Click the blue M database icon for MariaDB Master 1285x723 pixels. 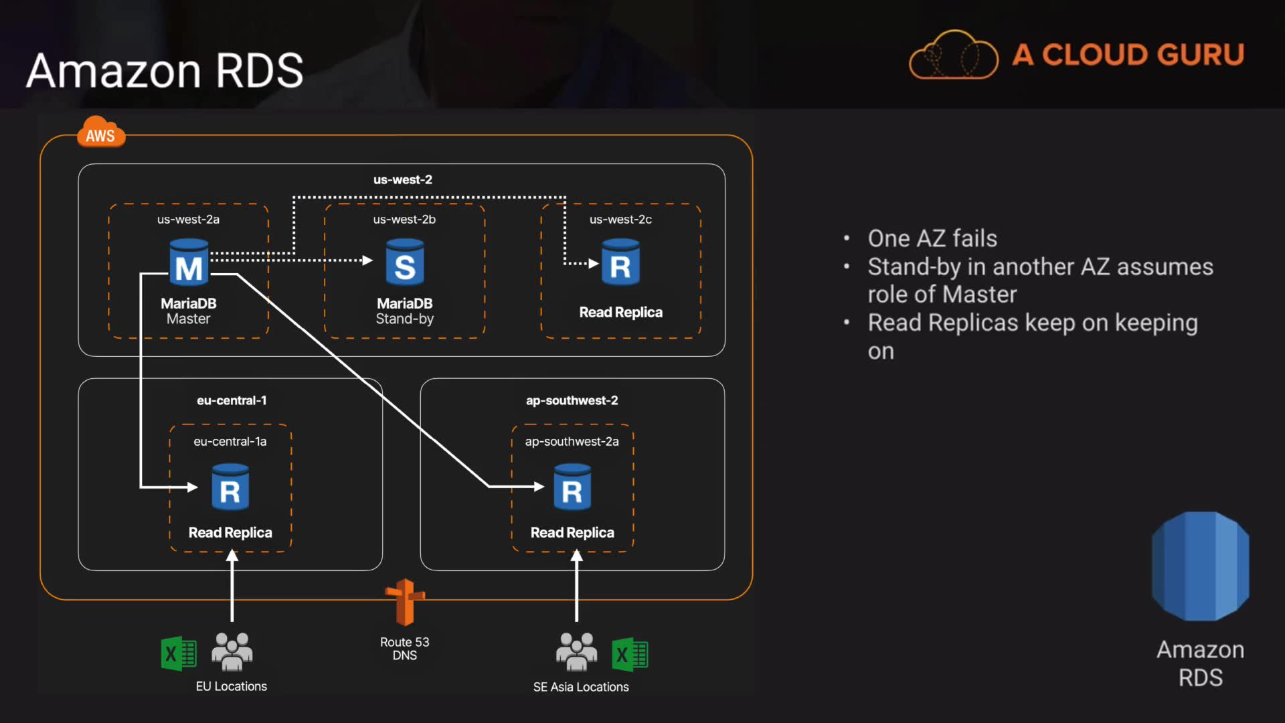click(189, 263)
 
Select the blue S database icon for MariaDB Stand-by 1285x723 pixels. click(405, 263)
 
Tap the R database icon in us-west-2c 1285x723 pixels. click(620, 263)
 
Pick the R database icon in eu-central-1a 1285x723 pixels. click(230, 488)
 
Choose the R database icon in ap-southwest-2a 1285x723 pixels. click(572, 488)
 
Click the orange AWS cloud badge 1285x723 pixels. click(100, 133)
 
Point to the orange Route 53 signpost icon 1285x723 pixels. click(405, 602)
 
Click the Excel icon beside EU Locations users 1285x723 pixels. click(179, 653)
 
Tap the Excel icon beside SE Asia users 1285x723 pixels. click(630, 654)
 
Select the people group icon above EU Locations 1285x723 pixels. click(232, 651)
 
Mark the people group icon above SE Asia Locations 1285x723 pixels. click(576, 651)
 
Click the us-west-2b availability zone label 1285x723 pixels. click(404, 220)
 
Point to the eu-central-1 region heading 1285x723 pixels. click(232, 400)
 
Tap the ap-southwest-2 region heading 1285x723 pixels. click(572, 400)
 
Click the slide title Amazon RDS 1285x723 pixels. click(165, 70)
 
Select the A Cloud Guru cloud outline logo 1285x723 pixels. click(953, 56)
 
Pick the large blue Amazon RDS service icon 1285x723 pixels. click(1200, 566)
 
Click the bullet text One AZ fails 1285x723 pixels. click(932, 238)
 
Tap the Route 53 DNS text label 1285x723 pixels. click(405, 649)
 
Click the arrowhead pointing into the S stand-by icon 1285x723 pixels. click(367, 260)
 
